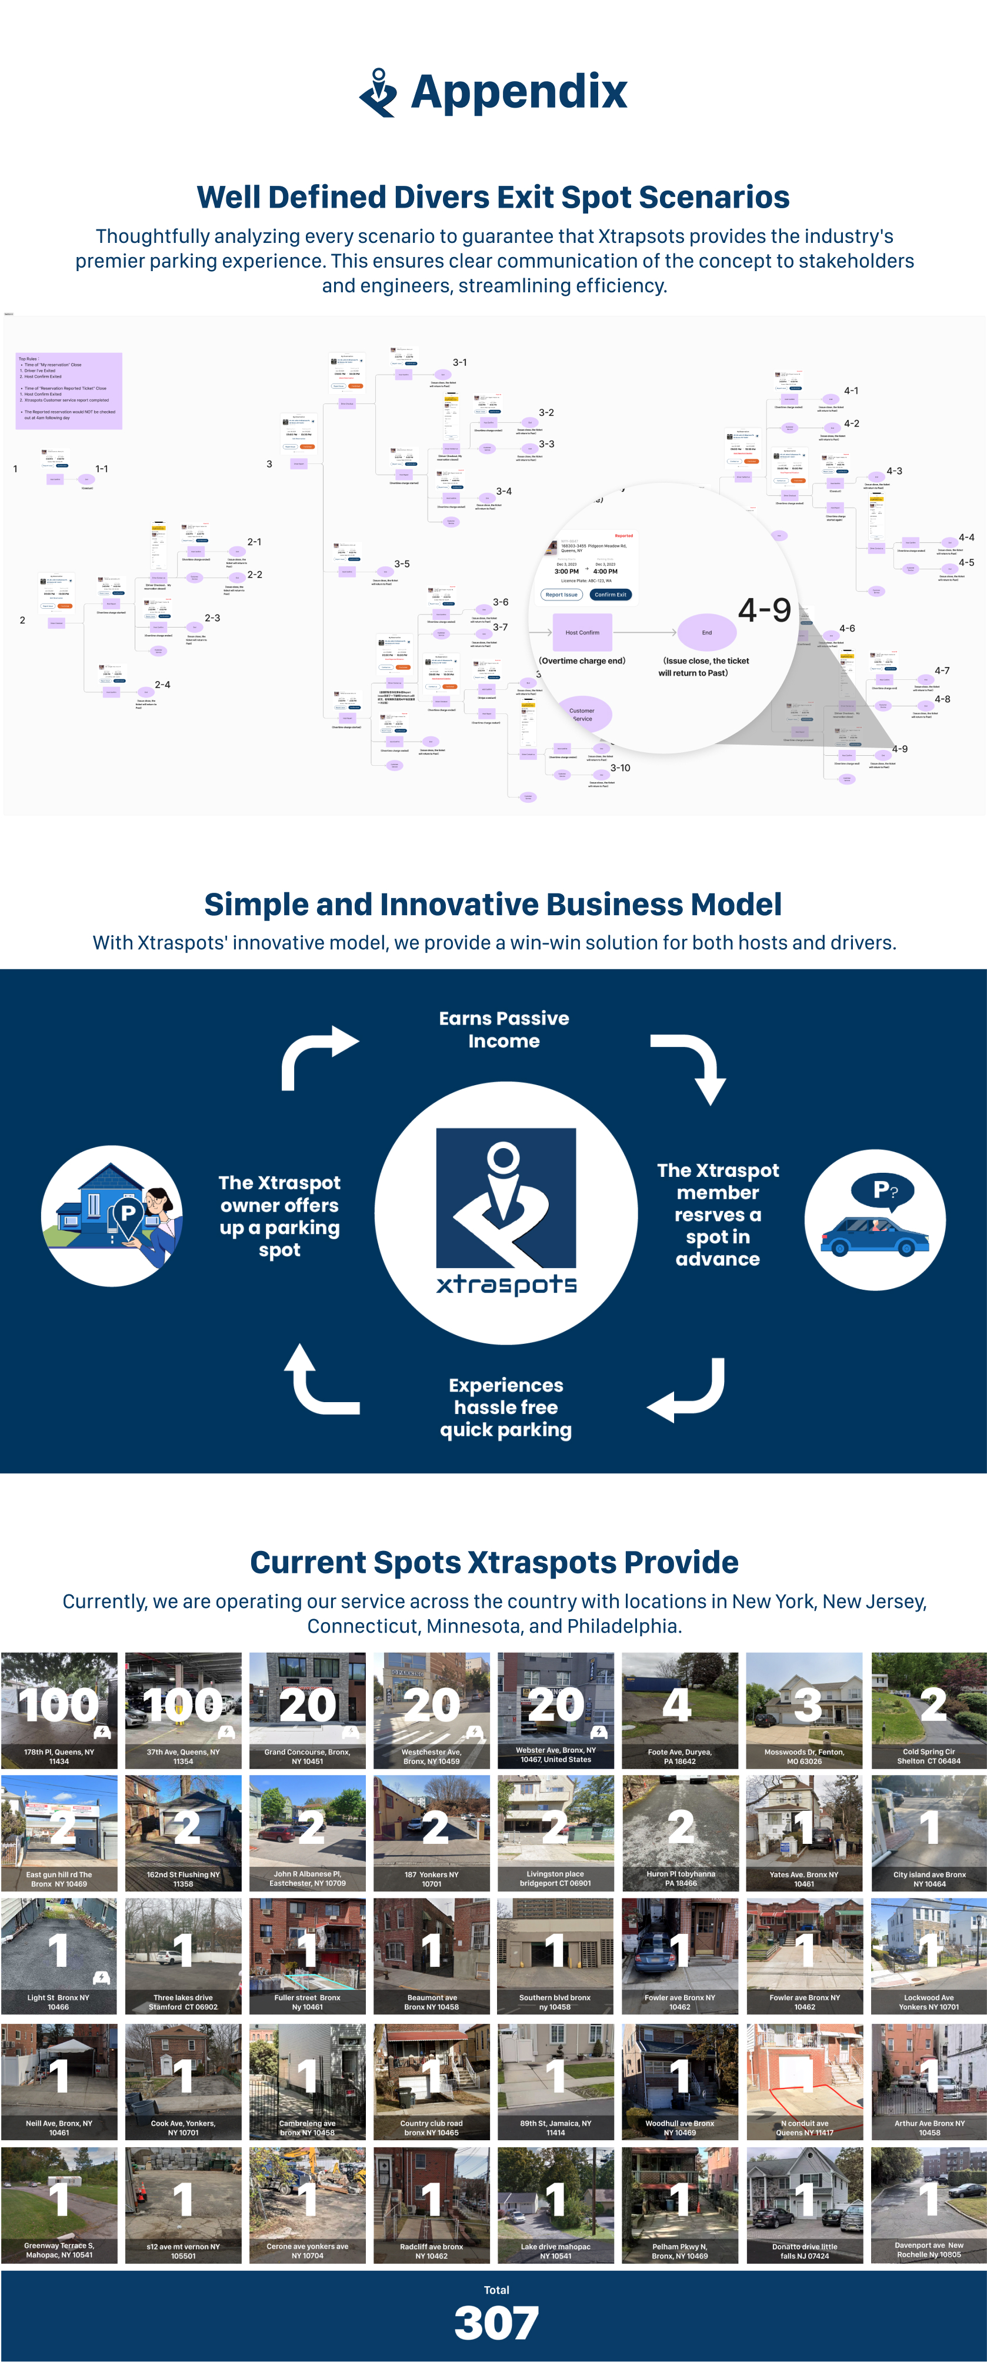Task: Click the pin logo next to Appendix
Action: [378, 92]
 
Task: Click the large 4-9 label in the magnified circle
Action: [764, 610]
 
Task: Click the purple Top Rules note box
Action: [69, 391]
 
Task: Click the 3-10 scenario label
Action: [620, 768]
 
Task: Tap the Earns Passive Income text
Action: [503, 1029]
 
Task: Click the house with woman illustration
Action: [112, 1215]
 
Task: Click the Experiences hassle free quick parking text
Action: [505, 1407]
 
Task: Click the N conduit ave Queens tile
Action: [805, 2081]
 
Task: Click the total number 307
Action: [496, 2323]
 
